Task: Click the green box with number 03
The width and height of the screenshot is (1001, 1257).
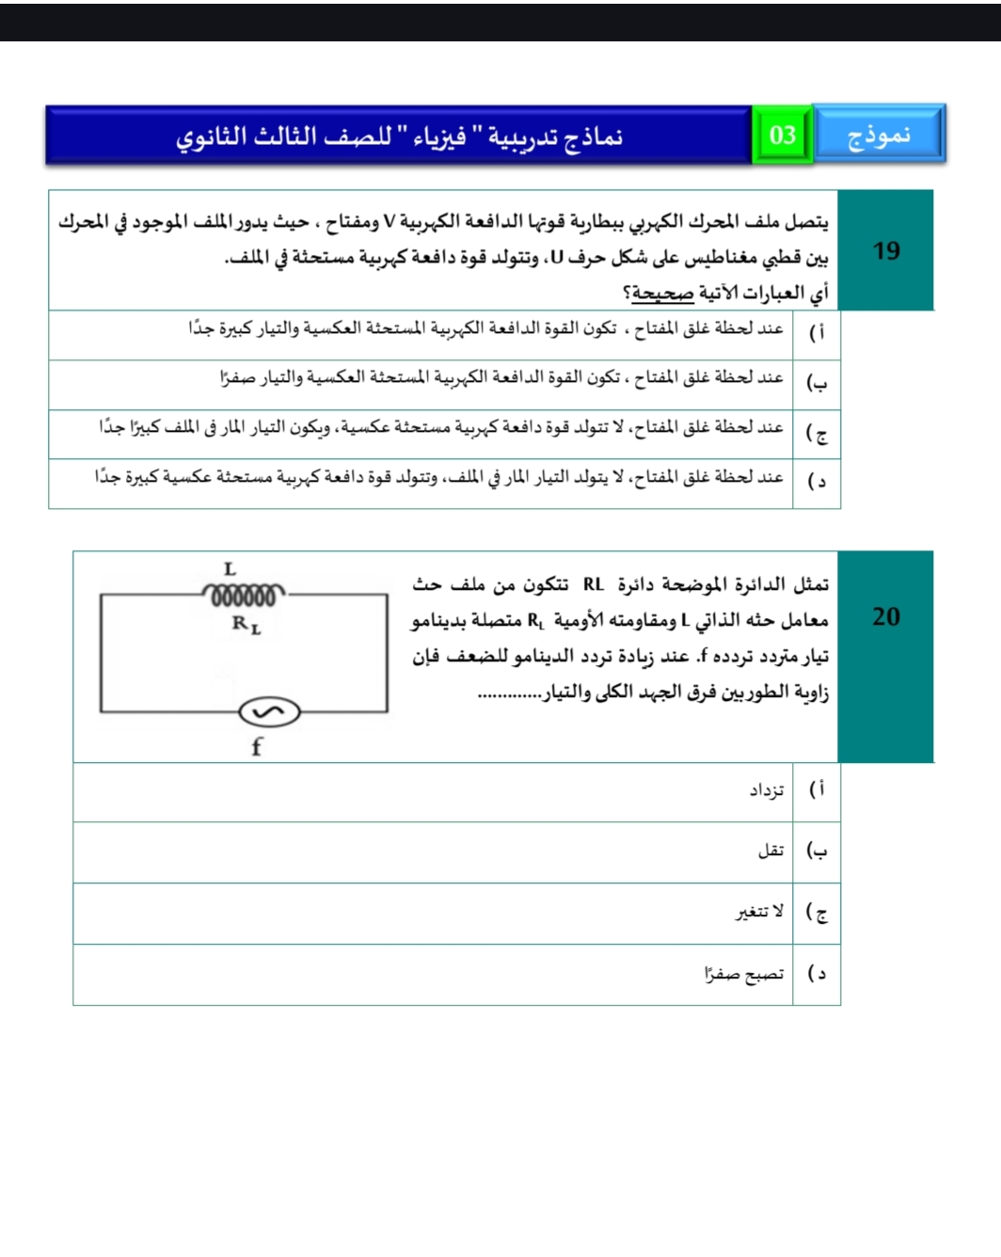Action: click(782, 135)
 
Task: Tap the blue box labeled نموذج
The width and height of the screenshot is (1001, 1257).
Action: click(879, 135)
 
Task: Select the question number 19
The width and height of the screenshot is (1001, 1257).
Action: click(885, 251)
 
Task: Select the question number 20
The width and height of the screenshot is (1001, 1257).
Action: click(885, 617)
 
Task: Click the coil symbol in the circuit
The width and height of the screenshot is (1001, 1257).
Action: click(244, 595)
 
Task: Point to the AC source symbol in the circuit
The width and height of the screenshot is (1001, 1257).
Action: click(269, 712)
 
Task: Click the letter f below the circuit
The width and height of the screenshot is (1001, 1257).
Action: click(257, 747)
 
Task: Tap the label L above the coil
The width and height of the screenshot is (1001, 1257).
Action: click(230, 569)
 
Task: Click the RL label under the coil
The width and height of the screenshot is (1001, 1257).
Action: click(246, 624)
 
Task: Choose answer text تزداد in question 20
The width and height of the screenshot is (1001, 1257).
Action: click(767, 790)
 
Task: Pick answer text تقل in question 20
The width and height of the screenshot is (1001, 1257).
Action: click(771, 851)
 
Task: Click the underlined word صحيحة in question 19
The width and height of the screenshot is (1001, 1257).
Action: click(662, 294)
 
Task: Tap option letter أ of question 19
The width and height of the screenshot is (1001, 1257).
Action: click(818, 332)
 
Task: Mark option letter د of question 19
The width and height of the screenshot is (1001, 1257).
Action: click(817, 481)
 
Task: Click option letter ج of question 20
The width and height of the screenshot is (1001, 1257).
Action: click(817, 912)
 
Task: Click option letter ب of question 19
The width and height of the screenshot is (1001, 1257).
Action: click(817, 382)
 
